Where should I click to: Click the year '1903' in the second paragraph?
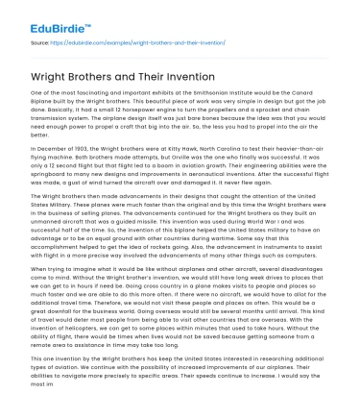[66, 147]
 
